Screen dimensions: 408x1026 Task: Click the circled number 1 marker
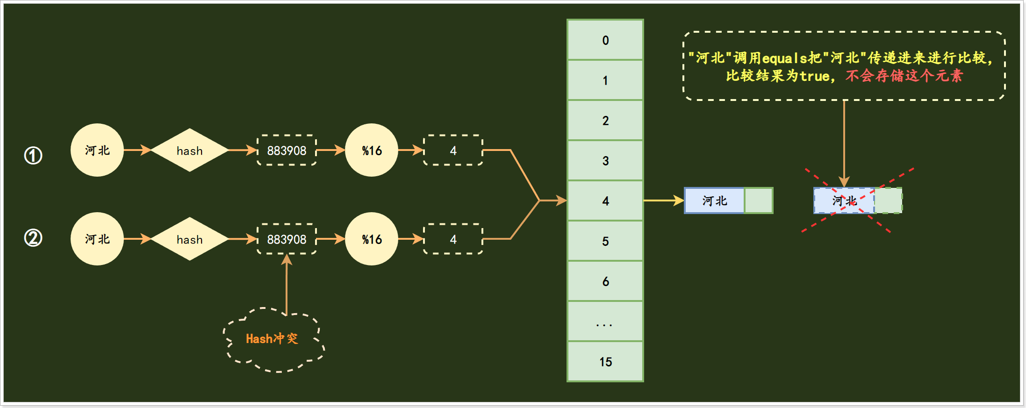coord(33,155)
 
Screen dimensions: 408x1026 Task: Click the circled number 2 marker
coord(33,238)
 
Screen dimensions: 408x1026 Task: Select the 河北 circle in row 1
coord(97,150)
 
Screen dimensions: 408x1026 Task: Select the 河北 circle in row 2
coord(97,239)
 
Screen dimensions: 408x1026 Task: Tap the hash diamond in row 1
coord(189,150)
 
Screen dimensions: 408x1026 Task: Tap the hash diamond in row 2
coord(189,239)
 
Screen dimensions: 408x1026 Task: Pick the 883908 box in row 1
coord(287,150)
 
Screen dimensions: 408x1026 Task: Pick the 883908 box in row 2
coord(287,239)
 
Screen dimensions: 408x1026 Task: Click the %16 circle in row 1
coord(372,150)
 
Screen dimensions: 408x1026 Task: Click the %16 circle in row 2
coord(372,239)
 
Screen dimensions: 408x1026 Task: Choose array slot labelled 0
coord(605,40)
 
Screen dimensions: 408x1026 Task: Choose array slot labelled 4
coord(605,201)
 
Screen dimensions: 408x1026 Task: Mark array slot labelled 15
coord(605,362)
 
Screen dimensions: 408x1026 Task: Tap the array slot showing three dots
coord(605,322)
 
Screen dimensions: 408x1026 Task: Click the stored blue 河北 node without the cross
coord(715,201)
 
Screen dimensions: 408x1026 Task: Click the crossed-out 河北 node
coord(845,201)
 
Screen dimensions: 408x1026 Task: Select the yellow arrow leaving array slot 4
coord(663,201)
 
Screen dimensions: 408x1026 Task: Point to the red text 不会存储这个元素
coord(904,76)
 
